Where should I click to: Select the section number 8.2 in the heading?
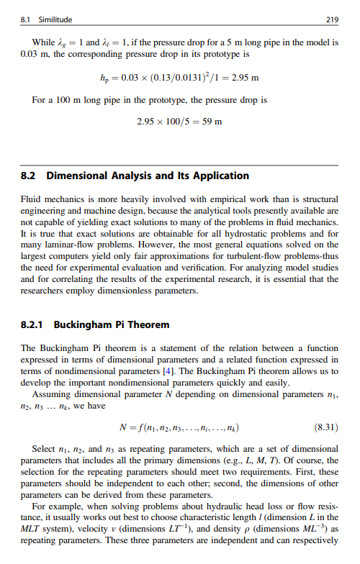click(30, 176)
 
